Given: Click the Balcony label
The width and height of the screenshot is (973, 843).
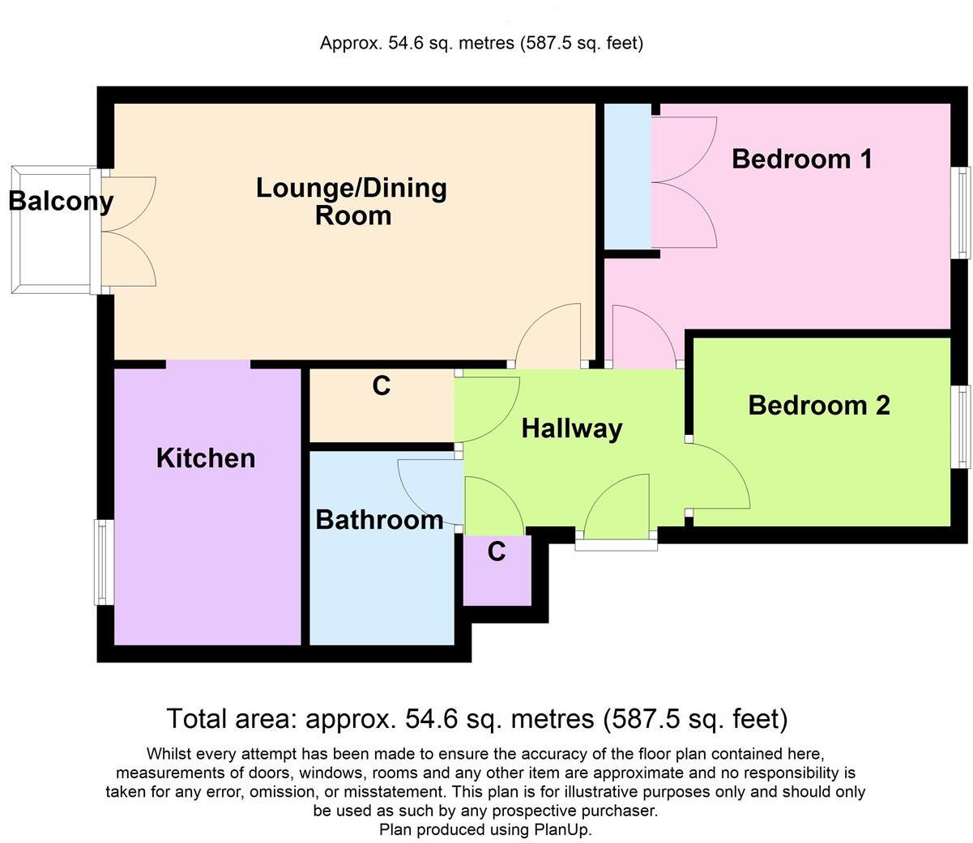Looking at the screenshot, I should click(x=61, y=200).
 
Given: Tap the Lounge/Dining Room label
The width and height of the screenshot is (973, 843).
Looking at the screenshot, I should click(x=352, y=201).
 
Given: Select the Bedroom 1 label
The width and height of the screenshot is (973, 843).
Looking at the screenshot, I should click(x=801, y=158).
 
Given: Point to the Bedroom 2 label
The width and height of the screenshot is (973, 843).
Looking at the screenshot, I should click(x=818, y=405).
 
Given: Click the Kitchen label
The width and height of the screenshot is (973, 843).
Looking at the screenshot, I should click(x=206, y=458).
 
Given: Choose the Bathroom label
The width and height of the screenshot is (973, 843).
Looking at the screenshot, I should click(x=379, y=519).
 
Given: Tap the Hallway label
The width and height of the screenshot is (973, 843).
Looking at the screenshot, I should click(x=571, y=428).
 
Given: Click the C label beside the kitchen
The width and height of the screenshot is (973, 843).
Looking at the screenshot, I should click(x=382, y=386).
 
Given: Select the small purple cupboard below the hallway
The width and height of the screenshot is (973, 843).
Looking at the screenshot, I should click(x=497, y=572).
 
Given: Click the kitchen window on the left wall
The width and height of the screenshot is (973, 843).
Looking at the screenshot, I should click(x=102, y=562).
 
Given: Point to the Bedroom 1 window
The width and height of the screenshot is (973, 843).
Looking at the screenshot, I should click(x=961, y=212).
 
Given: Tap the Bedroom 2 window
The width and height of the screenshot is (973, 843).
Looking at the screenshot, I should click(x=961, y=426).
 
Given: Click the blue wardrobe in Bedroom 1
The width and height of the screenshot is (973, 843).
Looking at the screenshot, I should click(x=628, y=177).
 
